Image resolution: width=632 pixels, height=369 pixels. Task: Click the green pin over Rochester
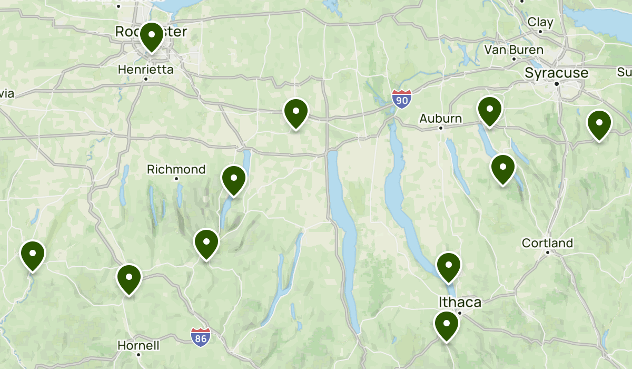pos(151,36)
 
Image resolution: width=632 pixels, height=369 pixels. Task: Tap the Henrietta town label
pos(145,69)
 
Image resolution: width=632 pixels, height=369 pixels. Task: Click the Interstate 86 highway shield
pos(200,336)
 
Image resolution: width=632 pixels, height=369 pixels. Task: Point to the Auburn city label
pos(440,119)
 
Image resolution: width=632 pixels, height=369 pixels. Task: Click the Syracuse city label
pos(556,73)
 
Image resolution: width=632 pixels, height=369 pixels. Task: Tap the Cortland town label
pos(547,243)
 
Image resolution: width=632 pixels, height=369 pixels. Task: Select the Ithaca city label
pos(460,302)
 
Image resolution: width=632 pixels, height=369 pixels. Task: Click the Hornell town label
pos(138,346)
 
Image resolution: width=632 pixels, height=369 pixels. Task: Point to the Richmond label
pos(176,169)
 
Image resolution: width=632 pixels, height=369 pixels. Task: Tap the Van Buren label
pos(513,50)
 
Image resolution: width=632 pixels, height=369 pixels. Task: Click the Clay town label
pos(540,22)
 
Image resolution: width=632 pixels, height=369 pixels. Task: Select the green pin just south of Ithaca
pos(446,326)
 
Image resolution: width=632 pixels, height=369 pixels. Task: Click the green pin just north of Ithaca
pos(449,267)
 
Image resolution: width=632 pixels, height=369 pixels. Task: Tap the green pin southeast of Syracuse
pos(599,124)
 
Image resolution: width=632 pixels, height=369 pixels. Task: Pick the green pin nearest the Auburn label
pos(489,111)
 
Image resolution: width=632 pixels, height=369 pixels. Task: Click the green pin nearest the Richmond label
pos(234,180)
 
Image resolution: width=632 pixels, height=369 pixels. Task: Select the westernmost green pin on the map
pos(33,255)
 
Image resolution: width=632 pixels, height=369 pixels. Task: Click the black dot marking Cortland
pos(548,253)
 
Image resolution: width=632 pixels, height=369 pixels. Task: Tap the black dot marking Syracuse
pos(556,83)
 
